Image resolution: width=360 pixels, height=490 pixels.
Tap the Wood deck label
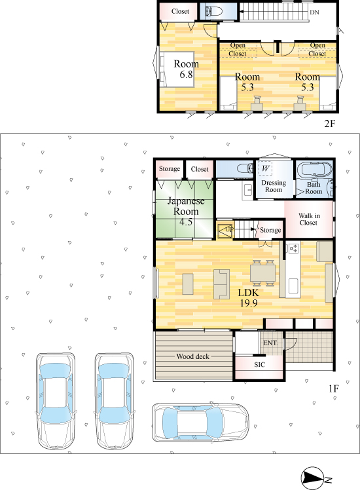pos(192,356)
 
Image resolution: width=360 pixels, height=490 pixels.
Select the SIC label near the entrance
pos(259,365)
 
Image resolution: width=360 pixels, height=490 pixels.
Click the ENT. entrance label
pos(270,343)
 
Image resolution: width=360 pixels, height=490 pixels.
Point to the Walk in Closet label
pos(309,219)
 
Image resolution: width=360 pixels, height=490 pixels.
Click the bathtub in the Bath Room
pos(314,171)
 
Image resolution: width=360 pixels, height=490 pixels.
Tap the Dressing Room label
pos(274,186)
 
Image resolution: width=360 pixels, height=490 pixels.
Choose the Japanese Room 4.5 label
pos(186,211)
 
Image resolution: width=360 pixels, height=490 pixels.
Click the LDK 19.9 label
pos(249,297)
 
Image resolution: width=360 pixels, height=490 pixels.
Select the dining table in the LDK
pos(262,273)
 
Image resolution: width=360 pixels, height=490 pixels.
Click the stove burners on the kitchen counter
pos(293,248)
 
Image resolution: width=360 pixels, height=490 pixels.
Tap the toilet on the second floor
pos(214,12)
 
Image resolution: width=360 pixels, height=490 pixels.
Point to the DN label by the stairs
pos(314,12)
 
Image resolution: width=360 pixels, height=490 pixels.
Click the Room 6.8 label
pos(186,69)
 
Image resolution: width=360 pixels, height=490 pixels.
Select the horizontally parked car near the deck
pos(200,423)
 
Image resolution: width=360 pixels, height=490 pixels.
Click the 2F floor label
pos(330,124)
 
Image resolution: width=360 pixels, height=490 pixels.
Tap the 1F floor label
pos(333,388)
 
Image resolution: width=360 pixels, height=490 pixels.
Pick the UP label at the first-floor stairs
pos(230,229)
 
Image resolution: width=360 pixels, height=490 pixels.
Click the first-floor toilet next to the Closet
pos(245,169)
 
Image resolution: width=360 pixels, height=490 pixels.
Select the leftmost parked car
pos(56,402)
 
